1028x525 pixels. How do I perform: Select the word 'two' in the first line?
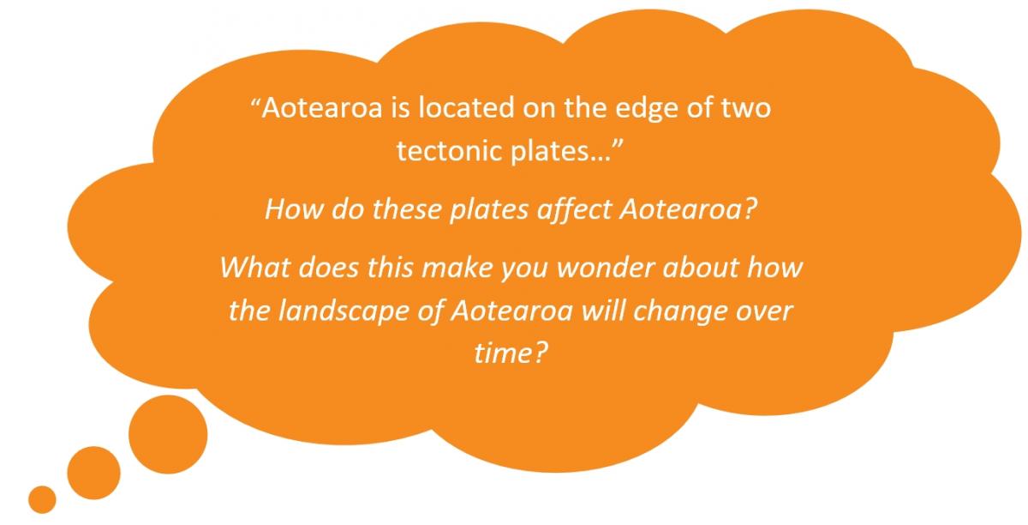click(746, 109)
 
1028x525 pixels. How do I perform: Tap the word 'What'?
click(255, 267)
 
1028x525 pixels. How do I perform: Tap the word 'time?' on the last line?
click(511, 353)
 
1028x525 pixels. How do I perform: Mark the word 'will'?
click(603, 311)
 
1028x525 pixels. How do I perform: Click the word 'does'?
click(328, 267)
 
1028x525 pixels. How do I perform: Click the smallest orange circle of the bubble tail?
click(42, 499)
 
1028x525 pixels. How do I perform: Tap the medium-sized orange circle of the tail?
click(93, 473)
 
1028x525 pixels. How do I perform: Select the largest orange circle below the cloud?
click(168, 434)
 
